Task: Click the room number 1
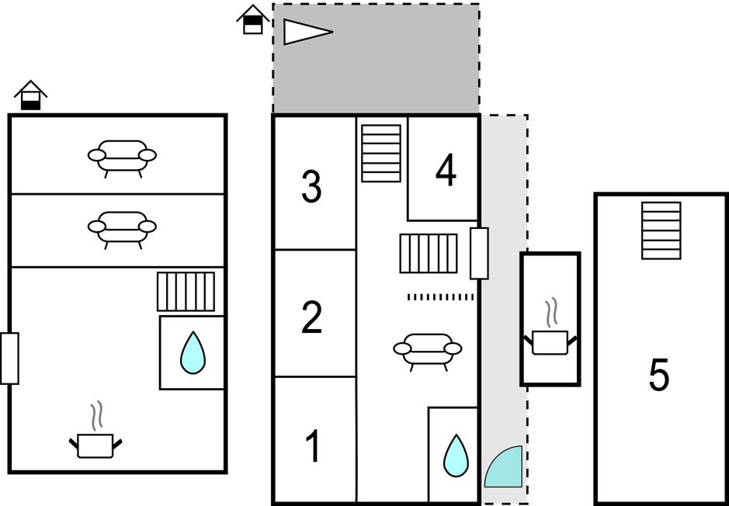coord(313,446)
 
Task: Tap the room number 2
coord(311,317)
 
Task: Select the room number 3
coord(311,187)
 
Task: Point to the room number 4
coord(446,172)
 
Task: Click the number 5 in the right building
coord(658,376)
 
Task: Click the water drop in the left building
coord(193,352)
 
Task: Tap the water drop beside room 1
coord(455,455)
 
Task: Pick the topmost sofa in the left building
coord(122,157)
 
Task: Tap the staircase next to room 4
coord(381,153)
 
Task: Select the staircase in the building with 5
coord(661,230)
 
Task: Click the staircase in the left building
coord(186,291)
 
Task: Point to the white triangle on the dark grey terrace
coord(306,32)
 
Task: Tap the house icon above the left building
coord(30,95)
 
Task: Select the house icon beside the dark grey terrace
coord(252,19)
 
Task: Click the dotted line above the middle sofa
coord(440,296)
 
